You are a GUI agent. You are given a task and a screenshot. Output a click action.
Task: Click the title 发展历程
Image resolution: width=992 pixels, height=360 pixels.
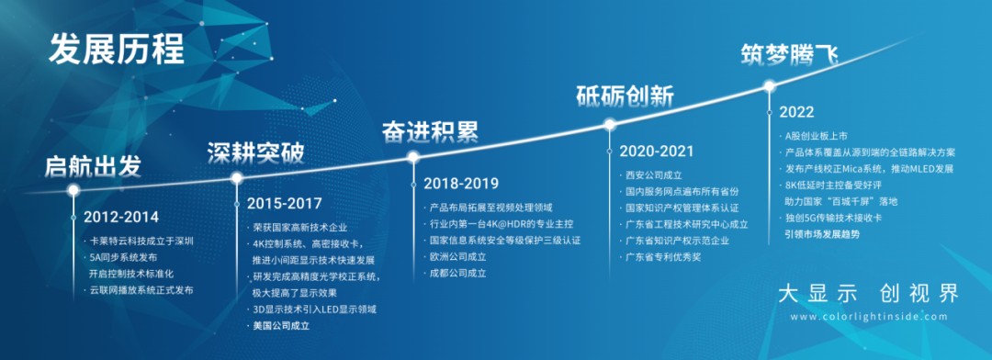click(117, 50)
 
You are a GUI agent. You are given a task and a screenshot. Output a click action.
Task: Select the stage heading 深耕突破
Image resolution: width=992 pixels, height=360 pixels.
click(255, 153)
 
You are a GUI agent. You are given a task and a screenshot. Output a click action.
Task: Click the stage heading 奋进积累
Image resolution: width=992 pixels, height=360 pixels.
click(430, 132)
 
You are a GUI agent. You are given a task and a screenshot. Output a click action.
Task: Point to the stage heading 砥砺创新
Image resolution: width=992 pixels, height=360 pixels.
click(625, 96)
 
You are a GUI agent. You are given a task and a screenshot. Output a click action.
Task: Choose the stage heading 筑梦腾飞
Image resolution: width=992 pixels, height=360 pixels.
click(790, 55)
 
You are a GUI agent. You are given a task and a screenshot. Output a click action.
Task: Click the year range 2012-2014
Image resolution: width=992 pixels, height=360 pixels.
click(121, 217)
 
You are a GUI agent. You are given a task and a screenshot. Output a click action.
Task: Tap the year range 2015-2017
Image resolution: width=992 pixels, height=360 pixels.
click(284, 204)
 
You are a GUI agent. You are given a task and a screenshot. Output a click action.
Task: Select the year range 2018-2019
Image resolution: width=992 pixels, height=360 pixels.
click(461, 184)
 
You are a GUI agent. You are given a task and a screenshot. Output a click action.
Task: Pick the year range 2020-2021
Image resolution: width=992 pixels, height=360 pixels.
click(657, 152)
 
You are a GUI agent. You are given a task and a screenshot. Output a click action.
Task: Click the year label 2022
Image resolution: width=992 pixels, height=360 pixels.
click(796, 112)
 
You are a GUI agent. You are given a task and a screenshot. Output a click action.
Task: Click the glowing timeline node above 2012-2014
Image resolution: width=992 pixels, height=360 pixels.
click(73, 189)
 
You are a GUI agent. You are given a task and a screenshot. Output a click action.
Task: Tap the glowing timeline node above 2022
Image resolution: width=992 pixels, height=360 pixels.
click(770, 86)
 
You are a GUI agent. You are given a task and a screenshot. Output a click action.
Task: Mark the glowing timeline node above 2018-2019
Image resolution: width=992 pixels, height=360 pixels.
click(413, 157)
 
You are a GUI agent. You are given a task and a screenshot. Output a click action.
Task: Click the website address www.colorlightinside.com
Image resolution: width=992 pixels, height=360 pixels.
click(869, 316)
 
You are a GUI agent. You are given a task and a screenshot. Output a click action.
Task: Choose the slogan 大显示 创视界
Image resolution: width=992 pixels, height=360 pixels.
click(869, 294)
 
